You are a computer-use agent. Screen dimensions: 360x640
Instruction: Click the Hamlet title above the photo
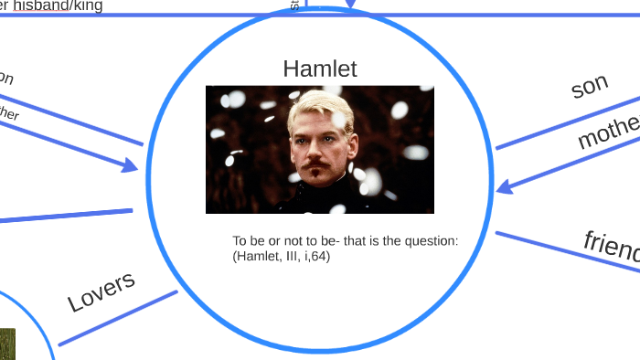coord(319,69)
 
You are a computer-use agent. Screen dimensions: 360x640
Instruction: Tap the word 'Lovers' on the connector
coord(101,291)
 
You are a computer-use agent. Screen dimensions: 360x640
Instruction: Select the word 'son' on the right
coord(590,86)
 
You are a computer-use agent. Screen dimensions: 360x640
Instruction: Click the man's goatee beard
coord(317,170)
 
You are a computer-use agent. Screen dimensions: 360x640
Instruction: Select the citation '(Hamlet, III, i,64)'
coord(282,257)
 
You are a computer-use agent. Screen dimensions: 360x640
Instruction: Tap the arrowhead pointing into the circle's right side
coord(503,187)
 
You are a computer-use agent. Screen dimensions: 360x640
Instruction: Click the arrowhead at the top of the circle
coord(351,11)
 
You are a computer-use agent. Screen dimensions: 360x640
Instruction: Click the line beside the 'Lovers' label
coord(119,319)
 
